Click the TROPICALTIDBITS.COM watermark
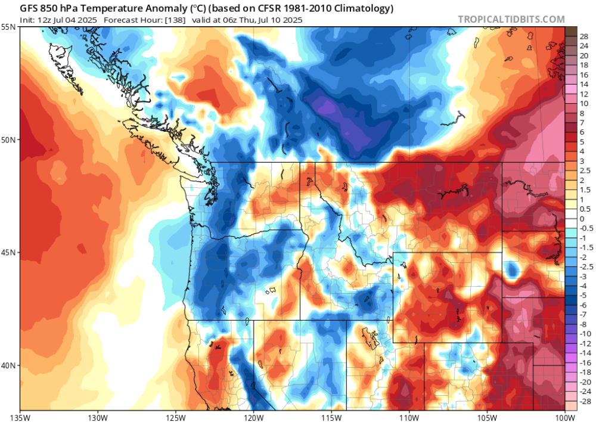click(x=511, y=19)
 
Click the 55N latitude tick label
click(x=9, y=27)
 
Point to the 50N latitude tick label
click(x=9, y=139)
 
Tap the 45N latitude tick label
click(x=9, y=252)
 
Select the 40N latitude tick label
click(x=9, y=365)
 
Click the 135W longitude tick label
click(x=20, y=415)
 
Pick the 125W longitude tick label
click(x=176, y=415)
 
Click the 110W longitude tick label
click(x=409, y=415)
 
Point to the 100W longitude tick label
click(x=564, y=415)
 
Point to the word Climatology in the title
click(x=364, y=8)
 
